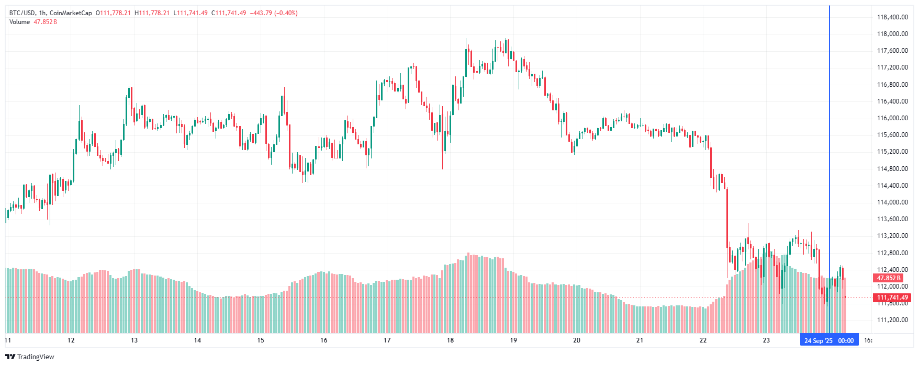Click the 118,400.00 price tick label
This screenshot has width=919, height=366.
(892, 17)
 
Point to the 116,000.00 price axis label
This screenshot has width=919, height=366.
(892, 118)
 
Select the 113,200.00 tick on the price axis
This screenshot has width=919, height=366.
(892, 236)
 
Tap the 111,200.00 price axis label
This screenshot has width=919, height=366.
(892, 320)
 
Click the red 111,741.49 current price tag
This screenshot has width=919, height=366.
(892, 298)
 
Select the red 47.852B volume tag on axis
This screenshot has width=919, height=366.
(889, 278)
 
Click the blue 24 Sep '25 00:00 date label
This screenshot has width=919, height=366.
(829, 340)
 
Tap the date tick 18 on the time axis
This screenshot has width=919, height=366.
(450, 340)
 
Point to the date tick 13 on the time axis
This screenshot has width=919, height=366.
(134, 340)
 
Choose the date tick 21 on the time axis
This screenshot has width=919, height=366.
(640, 340)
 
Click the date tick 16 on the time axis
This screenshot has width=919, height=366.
(323, 340)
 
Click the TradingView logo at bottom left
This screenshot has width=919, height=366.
(30, 357)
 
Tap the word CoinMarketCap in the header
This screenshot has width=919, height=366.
(71, 13)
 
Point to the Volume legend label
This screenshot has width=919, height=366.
(19, 22)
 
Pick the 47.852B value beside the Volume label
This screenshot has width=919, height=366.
(46, 22)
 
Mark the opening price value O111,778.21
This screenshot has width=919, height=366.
(113, 13)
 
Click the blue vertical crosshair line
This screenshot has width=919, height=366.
(829, 157)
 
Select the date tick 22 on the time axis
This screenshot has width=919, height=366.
(703, 340)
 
